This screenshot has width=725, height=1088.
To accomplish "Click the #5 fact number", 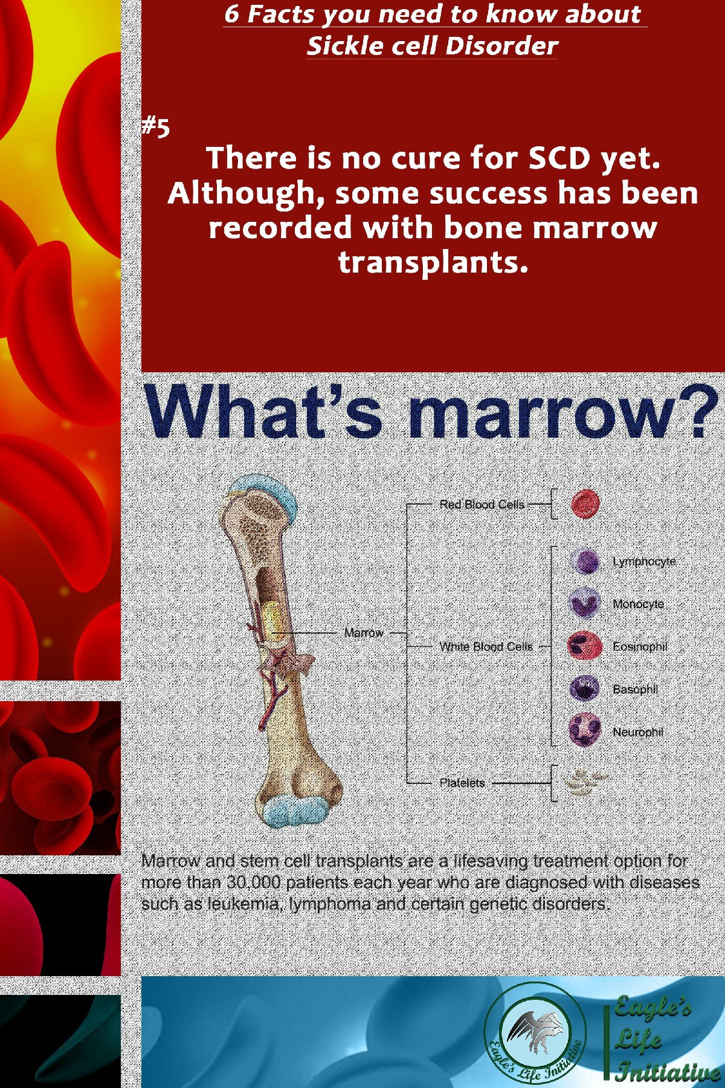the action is (156, 128).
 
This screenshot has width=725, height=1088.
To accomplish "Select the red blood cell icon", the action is (585, 504).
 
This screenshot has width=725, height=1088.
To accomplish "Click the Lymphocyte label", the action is (644, 562).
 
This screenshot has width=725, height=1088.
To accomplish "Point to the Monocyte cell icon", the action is (584, 603).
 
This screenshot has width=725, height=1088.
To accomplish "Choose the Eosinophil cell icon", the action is (584, 646).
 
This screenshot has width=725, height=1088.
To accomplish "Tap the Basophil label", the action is (635, 689).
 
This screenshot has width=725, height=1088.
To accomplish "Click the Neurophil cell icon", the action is (584, 731).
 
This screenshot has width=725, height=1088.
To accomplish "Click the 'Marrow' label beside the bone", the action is (364, 633).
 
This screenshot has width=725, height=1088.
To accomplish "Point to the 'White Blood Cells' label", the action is (486, 647).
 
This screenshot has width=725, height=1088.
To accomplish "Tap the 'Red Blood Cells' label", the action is (482, 504).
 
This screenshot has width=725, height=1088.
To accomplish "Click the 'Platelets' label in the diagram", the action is (462, 783).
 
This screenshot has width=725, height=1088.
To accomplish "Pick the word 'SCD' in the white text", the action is (558, 158).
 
